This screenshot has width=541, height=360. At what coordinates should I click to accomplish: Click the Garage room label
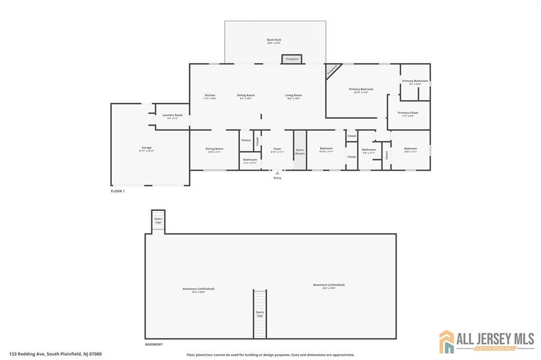[146, 148]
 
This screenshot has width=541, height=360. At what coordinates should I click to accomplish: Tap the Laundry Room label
[172, 116]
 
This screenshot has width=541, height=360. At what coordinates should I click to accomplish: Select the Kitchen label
[210, 96]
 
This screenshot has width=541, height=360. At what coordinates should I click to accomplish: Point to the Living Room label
[293, 96]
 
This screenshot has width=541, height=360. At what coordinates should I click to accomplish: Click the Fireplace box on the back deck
[292, 59]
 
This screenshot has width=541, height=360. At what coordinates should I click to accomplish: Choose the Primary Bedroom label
[361, 90]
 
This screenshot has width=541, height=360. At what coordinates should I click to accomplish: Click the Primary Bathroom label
[415, 81]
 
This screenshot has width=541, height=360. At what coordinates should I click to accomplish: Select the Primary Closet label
[408, 113]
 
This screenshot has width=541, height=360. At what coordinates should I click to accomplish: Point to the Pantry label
[246, 140]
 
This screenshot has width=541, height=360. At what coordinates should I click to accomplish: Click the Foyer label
[277, 149]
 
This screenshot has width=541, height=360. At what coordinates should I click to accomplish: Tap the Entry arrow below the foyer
[277, 173]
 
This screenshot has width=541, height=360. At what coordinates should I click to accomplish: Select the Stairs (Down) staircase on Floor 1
[300, 150]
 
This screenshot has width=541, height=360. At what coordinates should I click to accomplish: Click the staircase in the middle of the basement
[259, 314]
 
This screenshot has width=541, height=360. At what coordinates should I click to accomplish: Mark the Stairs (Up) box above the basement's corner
[158, 220]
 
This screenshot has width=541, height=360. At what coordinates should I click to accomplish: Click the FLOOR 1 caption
[117, 191]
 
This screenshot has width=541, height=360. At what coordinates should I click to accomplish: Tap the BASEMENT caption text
[154, 344]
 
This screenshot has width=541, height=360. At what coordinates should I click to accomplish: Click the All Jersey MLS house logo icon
[446, 342]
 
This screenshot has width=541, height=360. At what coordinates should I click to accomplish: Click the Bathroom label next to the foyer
[250, 160]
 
